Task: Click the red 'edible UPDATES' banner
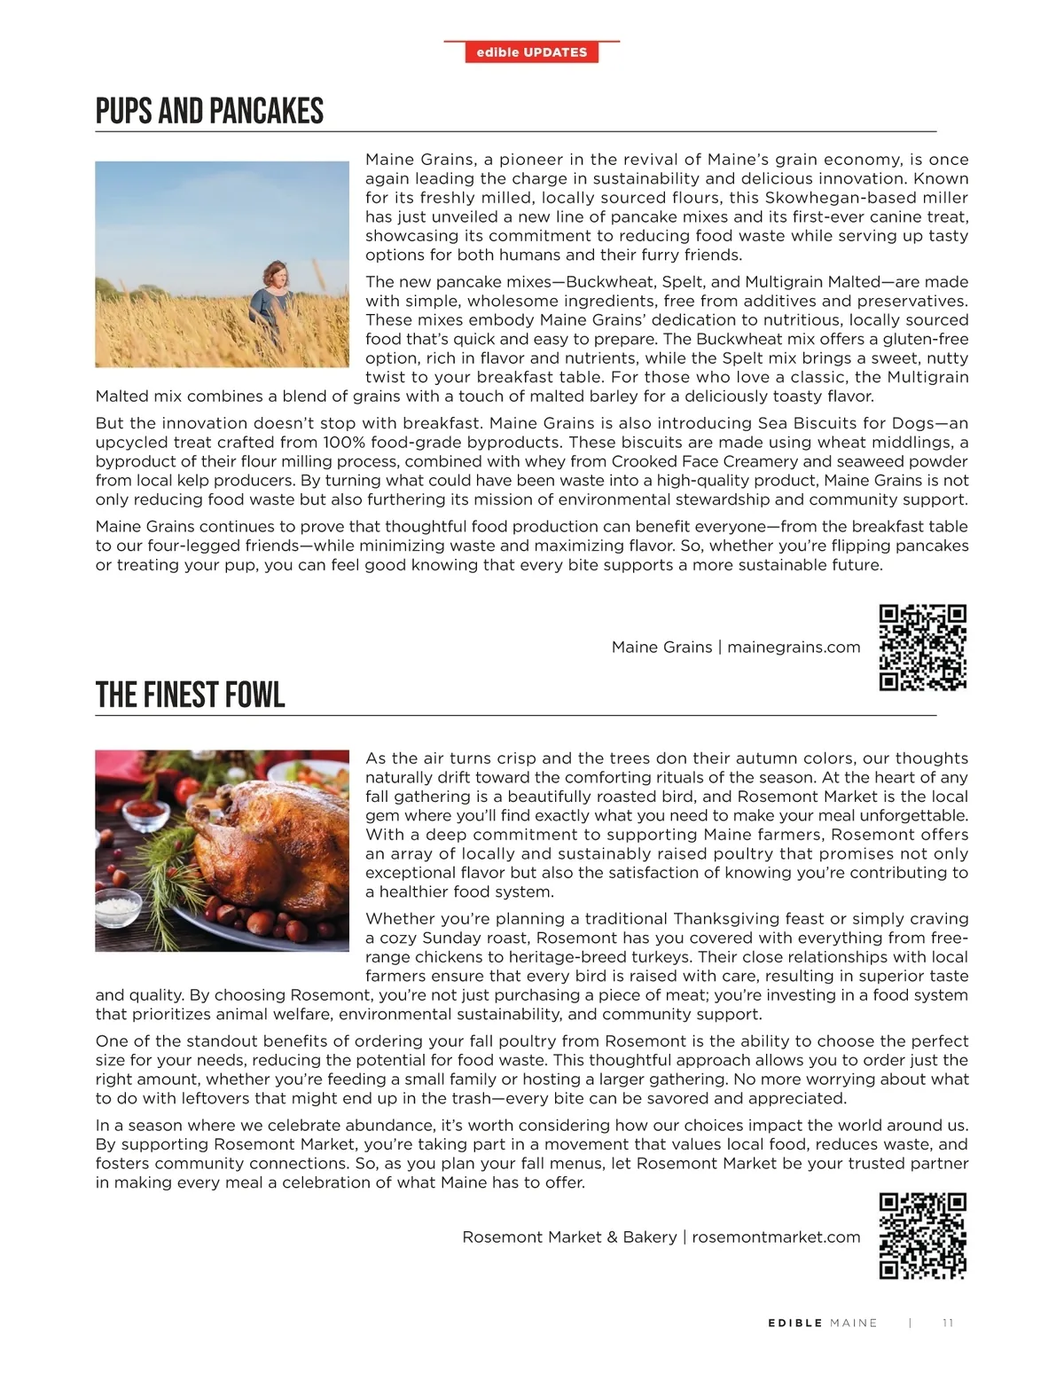pos(532,52)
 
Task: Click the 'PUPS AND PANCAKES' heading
pos(209,112)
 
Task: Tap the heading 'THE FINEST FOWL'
pos(190,695)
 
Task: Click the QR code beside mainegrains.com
pos(922,648)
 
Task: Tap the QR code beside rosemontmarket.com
pos(922,1237)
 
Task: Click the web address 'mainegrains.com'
pos(794,648)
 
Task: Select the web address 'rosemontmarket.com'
pos(776,1237)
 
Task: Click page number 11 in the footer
pos(948,1323)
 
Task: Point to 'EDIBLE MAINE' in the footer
pos(822,1323)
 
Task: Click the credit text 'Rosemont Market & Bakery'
pos(569,1237)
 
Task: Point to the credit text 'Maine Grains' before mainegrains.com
pos(661,648)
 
